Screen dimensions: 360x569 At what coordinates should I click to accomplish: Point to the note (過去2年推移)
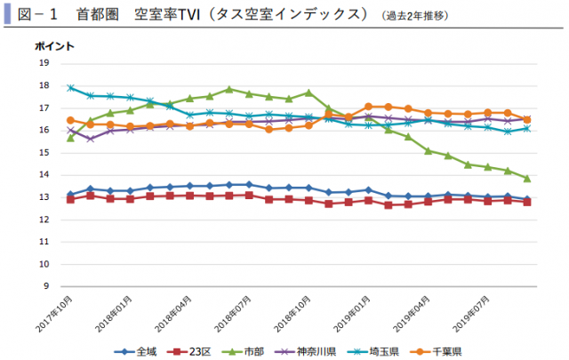click(417, 16)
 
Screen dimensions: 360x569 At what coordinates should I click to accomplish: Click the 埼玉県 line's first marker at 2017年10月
click(70, 87)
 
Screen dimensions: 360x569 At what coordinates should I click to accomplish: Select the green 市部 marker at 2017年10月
click(70, 137)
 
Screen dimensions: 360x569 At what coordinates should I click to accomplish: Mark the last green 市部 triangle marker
click(526, 178)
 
